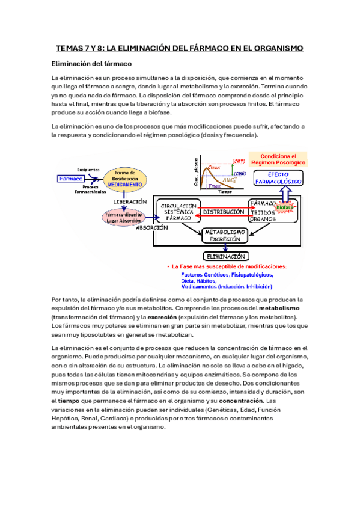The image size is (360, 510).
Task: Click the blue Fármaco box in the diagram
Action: [71, 179]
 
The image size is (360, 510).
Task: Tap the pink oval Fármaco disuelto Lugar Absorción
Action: [123, 217]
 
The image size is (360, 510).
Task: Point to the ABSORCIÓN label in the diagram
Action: [151, 228]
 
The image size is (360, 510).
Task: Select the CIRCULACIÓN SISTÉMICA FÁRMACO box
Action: [178, 212]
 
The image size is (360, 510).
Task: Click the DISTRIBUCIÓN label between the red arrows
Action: [223, 212]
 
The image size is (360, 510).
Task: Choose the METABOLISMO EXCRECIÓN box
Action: [224, 235]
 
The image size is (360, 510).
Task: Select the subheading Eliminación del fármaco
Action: [91, 64]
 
